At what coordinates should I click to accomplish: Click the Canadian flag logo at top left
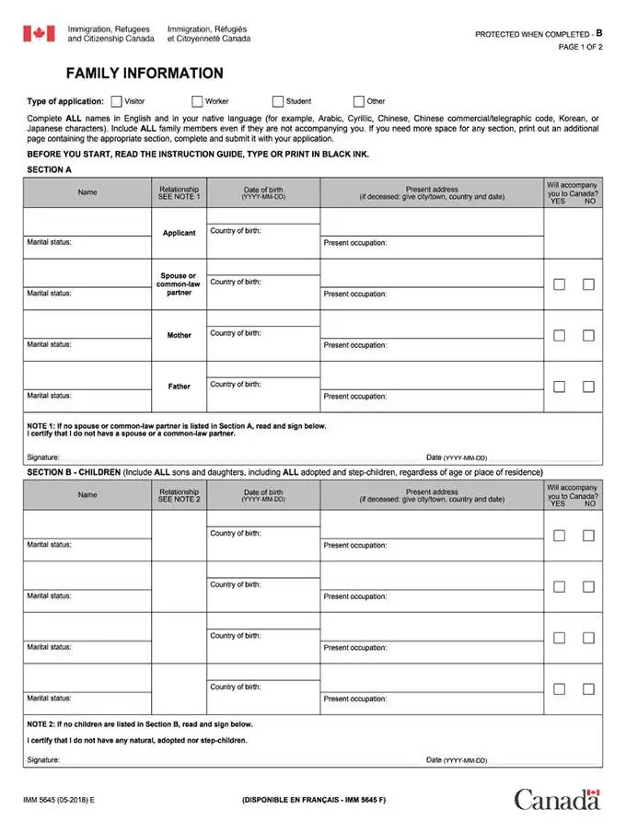[39, 34]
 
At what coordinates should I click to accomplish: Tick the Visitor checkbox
[116, 101]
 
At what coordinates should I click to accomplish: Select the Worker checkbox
[197, 101]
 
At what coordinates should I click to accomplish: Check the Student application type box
[278, 101]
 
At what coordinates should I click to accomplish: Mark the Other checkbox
[359, 101]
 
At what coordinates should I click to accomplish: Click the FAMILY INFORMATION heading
[145, 74]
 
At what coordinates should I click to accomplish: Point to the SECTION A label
[50, 170]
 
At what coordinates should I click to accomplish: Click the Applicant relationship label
[180, 233]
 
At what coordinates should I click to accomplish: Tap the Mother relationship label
[180, 335]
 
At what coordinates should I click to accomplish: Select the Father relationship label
[180, 387]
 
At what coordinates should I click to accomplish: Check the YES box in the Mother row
[559, 335]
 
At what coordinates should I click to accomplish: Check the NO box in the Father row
[588, 387]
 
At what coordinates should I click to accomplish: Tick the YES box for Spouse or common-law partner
[559, 284]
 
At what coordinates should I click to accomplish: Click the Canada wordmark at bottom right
[557, 799]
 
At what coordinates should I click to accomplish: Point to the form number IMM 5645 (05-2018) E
[59, 800]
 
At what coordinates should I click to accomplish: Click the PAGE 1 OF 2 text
[580, 48]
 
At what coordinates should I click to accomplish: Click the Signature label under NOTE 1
[43, 456]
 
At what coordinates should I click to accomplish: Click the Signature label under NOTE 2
[43, 760]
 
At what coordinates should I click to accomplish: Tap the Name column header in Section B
[87, 495]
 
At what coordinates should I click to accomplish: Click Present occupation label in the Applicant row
[355, 243]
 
